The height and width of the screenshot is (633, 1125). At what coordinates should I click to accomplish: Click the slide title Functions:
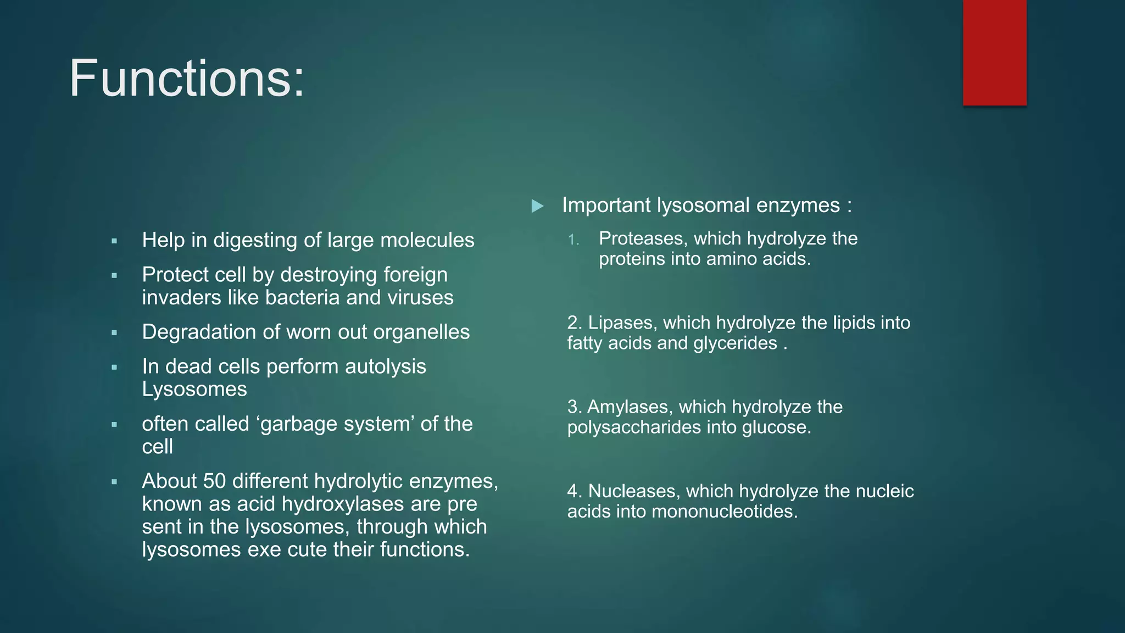point(186,79)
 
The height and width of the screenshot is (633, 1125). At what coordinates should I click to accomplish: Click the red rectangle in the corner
point(994,53)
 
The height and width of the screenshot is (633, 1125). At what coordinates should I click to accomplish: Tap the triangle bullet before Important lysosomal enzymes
point(537,207)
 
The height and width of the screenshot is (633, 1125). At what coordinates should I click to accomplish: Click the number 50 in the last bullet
point(214,481)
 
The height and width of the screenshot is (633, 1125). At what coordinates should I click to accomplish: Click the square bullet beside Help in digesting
point(114,241)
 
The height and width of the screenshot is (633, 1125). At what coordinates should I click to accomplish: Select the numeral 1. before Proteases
point(573,240)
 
